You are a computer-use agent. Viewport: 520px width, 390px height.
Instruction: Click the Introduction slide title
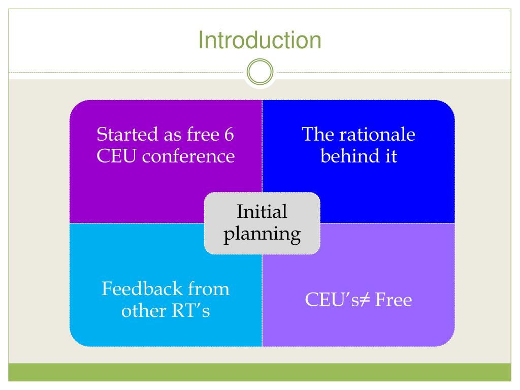click(259, 40)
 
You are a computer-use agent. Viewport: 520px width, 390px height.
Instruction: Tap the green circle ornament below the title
click(259, 73)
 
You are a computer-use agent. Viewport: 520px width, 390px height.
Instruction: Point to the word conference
click(188, 156)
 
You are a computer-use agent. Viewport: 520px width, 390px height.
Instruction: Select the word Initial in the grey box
click(262, 212)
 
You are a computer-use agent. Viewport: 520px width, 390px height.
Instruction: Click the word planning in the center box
click(262, 234)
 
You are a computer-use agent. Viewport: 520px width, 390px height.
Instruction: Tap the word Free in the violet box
click(393, 300)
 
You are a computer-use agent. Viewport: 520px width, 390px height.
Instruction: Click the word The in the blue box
click(317, 135)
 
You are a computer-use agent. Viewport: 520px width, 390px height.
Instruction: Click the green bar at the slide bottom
click(259, 372)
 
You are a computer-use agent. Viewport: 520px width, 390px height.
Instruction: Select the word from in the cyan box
click(209, 289)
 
